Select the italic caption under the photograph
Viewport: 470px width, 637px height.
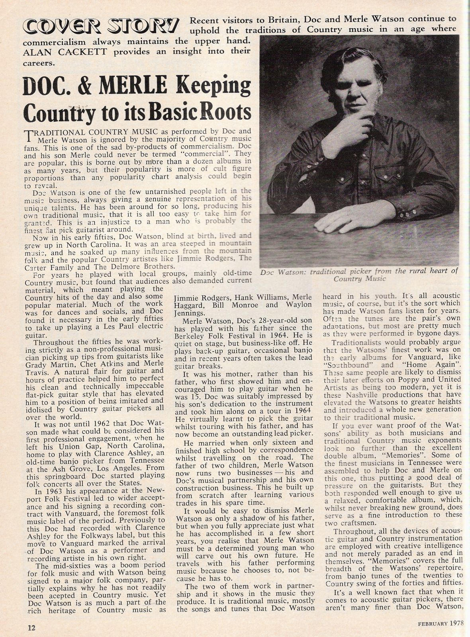358,274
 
